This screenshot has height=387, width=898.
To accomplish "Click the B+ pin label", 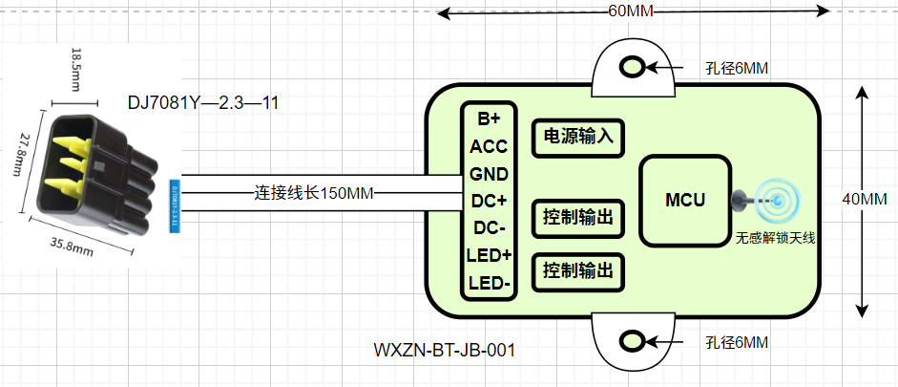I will point(489,119).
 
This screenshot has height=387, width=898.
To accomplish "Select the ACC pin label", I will point(489,146).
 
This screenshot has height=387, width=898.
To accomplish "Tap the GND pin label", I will point(489,174).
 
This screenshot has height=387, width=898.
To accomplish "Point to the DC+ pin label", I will point(489,202).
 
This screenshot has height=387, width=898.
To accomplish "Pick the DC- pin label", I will point(489,228).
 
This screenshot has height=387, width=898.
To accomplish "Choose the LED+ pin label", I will point(489,256).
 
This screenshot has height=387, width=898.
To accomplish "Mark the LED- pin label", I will point(489,284).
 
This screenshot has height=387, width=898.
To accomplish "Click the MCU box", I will point(684,201).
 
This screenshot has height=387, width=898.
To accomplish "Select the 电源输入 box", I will point(577,137).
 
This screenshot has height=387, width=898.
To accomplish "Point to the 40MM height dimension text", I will point(866,200).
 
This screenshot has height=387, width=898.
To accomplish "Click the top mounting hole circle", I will point(633,67).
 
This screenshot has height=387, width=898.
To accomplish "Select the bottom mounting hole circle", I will point(633,340).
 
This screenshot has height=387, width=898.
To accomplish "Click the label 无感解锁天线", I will point(775,238).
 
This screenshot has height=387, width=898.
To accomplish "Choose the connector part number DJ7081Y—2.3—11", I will point(203,102).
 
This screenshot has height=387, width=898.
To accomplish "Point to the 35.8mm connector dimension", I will point(71,246).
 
